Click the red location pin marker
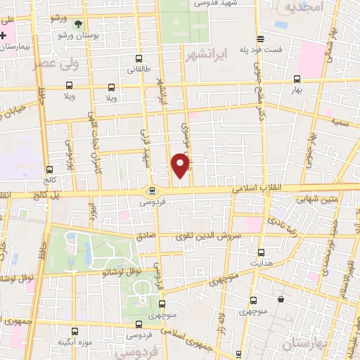pyautogui.click(x=181, y=166)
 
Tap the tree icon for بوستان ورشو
pyautogui.click(x=77, y=23)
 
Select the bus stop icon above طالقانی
pyautogui.click(x=138, y=59)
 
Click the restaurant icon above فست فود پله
pyautogui.click(x=261, y=39)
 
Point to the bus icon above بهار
pyautogui.click(x=297, y=80)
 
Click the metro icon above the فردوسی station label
pyautogui.click(x=151, y=191)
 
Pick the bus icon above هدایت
pyautogui.click(x=262, y=253)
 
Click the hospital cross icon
pyautogui.click(x=4, y=34)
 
